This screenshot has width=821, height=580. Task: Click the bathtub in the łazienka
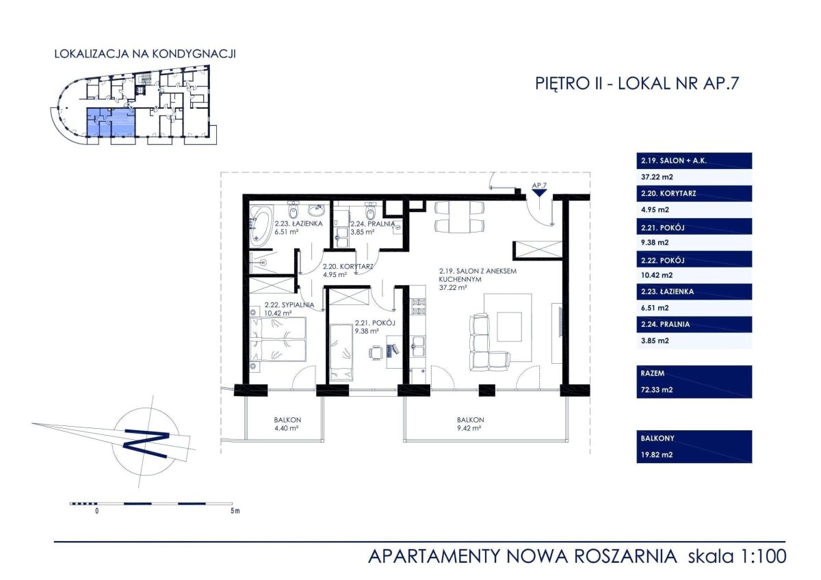click(261, 225)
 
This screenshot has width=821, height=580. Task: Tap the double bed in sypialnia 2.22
click(278, 340)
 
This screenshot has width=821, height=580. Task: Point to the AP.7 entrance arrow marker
click(539, 193)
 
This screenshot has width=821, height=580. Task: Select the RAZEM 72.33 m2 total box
click(694, 382)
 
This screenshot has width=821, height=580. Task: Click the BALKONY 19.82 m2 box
click(694, 447)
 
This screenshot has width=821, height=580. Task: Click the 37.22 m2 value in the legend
click(657, 177)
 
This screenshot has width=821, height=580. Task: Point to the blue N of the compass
click(146, 443)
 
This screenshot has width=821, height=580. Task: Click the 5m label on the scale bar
click(235, 511)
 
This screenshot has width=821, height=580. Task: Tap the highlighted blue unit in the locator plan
click(111, 122)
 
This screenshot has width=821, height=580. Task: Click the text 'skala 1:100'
click(737, 557)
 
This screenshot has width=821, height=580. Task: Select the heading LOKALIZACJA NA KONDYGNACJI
click(145, 54)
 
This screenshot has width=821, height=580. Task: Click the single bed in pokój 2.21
click(341, 352)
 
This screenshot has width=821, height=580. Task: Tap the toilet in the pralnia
click(370, 211)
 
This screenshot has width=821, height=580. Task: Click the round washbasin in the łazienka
click(316, 210)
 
